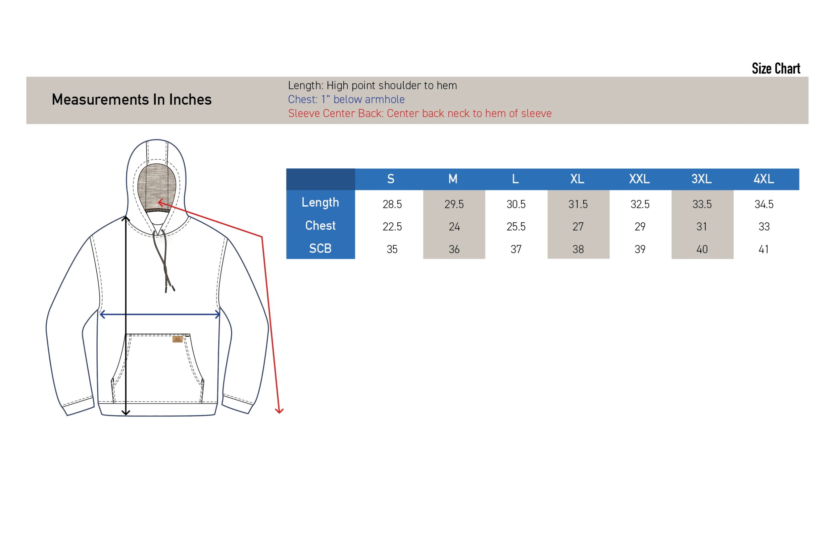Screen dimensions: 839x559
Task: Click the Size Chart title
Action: click(776, 68)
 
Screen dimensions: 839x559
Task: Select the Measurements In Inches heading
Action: click(132, 100)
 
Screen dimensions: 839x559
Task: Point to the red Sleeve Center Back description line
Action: click(420, 113)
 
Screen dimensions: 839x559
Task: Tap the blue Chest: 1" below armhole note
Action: click(346, 100)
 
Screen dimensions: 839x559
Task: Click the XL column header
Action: click(578, 179)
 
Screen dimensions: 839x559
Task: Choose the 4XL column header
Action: click(764, 179)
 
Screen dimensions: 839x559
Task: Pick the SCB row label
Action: click(320, 248)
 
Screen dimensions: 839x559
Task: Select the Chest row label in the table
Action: click(320, 226)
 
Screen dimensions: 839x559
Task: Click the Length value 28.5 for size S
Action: click(392, 204)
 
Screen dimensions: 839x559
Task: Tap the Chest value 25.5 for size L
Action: click(516, 227)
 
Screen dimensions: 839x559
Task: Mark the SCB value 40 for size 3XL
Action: click(702, 249)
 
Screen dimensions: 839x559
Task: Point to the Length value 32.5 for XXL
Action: click(640, 204)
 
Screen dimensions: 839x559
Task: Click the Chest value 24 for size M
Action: click(454, 227)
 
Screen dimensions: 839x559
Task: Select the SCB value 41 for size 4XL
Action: click(764, 249)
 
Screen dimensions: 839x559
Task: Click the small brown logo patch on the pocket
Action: click(178, 339)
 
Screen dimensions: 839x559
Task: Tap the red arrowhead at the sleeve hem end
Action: click(279, 411)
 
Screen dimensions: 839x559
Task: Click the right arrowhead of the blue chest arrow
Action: click(217, 315)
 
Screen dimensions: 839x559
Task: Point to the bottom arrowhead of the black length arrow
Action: click(126, 413)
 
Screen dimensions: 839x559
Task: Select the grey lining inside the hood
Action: click(157, 187)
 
